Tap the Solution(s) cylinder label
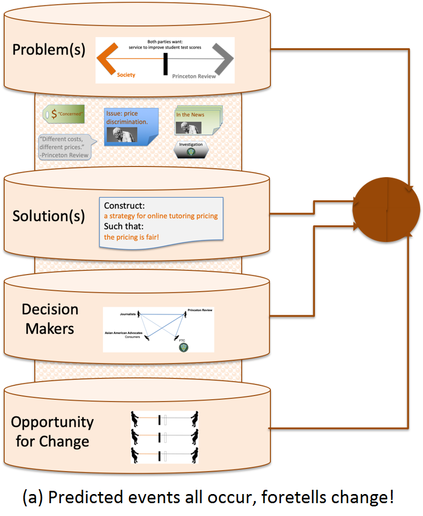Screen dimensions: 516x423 (49, 216)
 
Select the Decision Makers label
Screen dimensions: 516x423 (50, 318)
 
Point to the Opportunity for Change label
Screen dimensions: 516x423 (52, 431)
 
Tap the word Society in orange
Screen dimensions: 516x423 (126, 75)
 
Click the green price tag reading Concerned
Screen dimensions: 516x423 (64, 114)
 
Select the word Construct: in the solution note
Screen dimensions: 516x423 (125, 206)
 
